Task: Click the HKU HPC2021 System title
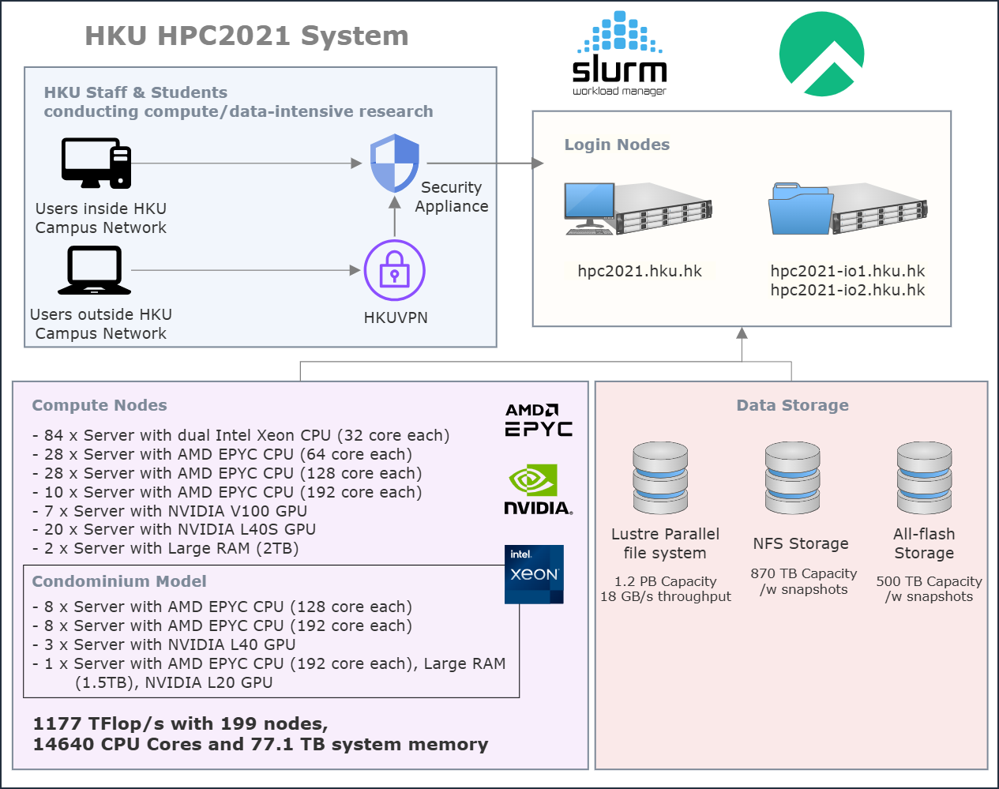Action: point(246,36)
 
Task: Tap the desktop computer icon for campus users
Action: point(96,163)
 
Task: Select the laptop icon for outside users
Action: point(94,270)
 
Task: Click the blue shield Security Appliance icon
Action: point(395,163)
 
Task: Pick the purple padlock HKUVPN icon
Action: point(394,270)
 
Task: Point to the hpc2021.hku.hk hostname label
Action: point(639,271)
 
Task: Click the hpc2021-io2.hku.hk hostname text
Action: point(847,290)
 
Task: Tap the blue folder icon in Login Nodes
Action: point(799,209)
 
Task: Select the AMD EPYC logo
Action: point(539,420)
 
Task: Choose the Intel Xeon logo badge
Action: point(534,574)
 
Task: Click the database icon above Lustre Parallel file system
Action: point(660,478)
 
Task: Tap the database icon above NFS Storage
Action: point(793,478)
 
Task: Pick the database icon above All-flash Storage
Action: point(924,478)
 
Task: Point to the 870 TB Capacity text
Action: point(803,573)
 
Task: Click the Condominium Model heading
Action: point(119,581)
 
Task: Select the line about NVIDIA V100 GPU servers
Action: point(170,511)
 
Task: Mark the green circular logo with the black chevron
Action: point(821,54)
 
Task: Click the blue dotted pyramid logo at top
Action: point(620,33)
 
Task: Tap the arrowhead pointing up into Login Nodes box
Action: point(742,333)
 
